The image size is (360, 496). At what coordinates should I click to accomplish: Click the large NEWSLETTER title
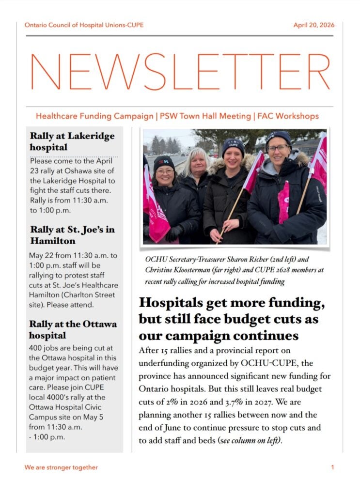coord(180,71)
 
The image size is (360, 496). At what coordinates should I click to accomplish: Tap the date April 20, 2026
coord(313,25)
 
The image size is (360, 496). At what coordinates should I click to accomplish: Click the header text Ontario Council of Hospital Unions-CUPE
coord(84,25)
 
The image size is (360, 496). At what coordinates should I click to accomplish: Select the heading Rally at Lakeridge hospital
coord(72,141)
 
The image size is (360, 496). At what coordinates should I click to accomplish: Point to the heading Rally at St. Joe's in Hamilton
coord(72,235)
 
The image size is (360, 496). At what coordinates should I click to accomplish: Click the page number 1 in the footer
coord(333,467)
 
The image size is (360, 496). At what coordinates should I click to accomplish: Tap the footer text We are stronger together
coord(61,467)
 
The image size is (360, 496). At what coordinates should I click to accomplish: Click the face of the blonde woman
coord(196,163)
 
